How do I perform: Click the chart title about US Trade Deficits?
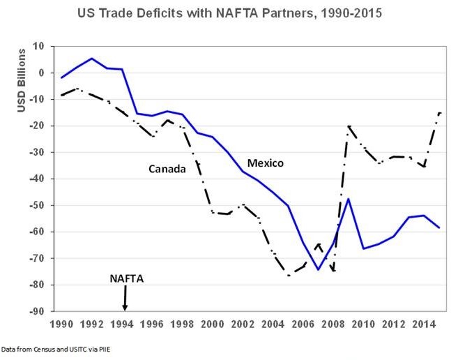[x=227, y=14]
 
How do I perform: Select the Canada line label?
[x=167, y=168]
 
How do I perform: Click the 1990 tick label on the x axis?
[x=62, y=324]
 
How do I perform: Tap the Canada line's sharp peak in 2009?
[x=349, y=126]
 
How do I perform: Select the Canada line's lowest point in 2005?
[x=289, y=276]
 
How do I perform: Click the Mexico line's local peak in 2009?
[x=349, y=199]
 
